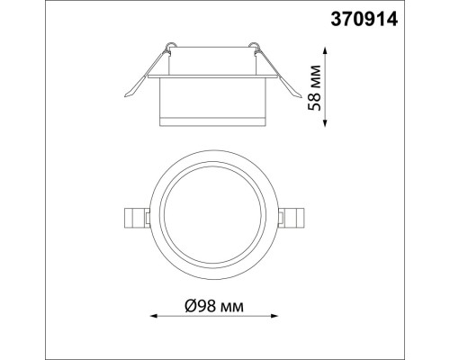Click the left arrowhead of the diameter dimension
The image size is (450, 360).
point(152,316)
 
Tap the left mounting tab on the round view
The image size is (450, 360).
point(135,216)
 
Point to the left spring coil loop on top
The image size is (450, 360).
point(169,47)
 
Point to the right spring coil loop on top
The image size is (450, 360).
point(257,47)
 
